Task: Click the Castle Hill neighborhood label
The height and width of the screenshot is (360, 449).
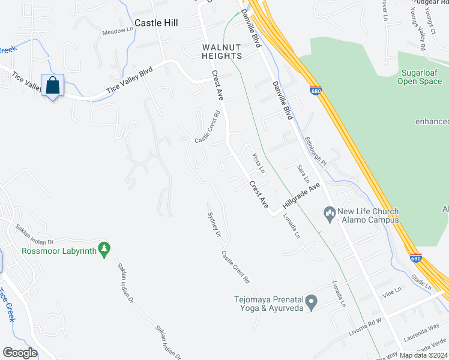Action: point(157,23)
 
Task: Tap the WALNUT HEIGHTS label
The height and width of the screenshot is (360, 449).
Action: point(221,51)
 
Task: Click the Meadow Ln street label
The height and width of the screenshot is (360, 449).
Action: point(118,31)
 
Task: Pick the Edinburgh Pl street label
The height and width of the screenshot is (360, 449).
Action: point(315,152)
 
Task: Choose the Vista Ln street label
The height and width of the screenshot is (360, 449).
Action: point(258,161)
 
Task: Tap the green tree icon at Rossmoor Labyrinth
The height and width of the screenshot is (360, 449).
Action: point(105,248)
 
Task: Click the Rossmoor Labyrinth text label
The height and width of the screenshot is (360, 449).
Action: point(59,251)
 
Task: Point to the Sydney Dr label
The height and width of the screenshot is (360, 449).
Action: point(214,224)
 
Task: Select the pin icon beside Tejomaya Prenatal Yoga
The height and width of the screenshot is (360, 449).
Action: point(311,301)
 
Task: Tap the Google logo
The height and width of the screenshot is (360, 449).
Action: point(20,353)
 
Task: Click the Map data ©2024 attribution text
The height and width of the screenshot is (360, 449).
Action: point(423,355)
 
